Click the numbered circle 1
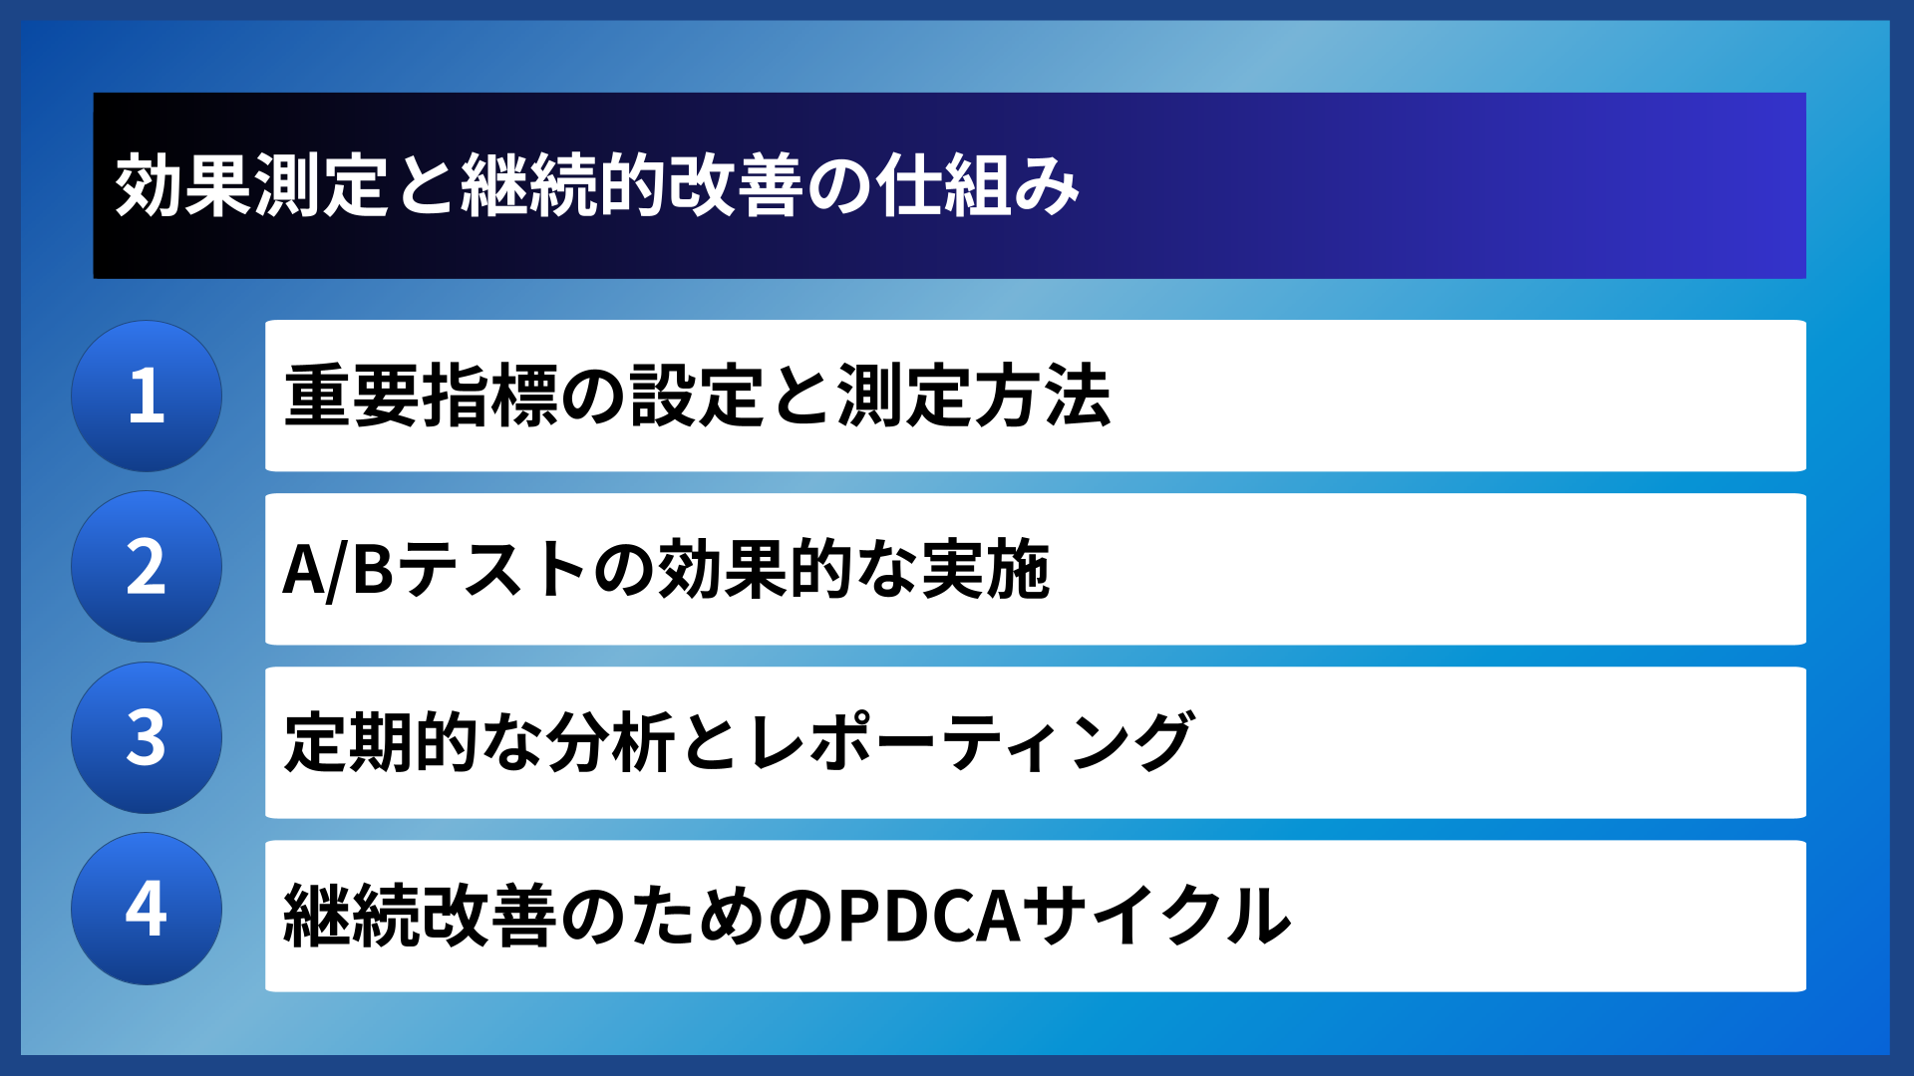point(147,396)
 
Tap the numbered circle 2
point(147,567)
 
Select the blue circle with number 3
point(147,738)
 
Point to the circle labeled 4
point(147,909)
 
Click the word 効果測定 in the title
point(251,186)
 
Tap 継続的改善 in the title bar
point(631,186)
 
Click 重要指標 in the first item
point(421,396)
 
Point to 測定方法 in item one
point(974,396)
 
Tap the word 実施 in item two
point(985,570)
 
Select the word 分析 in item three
point(611,742)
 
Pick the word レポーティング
point(970,742)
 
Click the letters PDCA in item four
point(929,916)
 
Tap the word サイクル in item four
point(1157,916)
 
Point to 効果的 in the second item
point(755,570)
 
